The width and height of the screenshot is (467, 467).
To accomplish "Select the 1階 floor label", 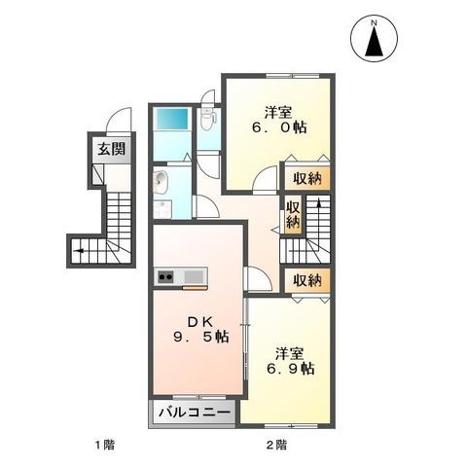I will (105, 446).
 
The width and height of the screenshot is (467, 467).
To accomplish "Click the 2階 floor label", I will (275, 446).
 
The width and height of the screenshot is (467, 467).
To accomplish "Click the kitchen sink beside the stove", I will (193, 277).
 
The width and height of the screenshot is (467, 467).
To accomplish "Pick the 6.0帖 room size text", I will (278, 126).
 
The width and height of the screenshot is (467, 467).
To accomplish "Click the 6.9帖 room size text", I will (293, 369).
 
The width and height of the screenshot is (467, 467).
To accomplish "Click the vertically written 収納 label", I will (293, 215).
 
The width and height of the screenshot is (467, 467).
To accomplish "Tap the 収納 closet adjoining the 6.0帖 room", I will (307, 178).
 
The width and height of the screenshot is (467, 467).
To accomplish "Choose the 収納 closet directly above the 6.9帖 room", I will (307, 280).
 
